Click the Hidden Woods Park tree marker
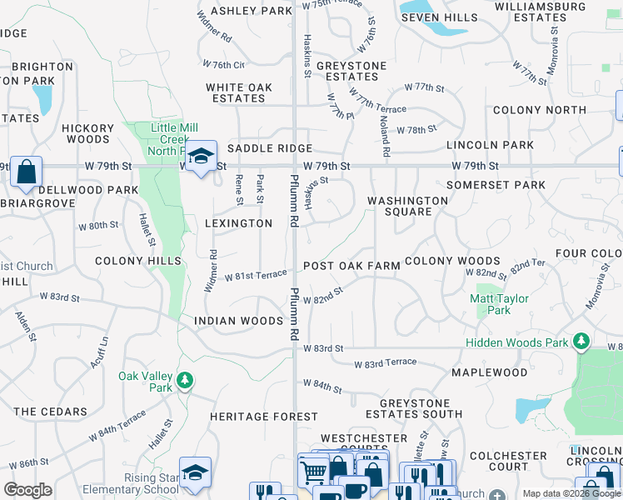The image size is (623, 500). point(581,342)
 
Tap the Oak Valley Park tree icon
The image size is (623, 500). point(185,382)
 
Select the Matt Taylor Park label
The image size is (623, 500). point(499,304)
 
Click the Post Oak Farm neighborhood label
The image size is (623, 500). point(351,266)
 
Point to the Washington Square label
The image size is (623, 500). point(408,206)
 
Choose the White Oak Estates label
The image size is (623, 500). point(239,92)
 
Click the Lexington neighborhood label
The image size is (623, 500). point(238,223)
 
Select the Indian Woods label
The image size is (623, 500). point(239,321)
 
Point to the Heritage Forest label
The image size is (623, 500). point(251,417)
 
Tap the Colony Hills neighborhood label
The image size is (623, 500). point(138,261)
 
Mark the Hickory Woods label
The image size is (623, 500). point(87,133)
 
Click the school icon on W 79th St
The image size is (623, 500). point(201,156)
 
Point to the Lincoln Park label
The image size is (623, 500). point(490,145)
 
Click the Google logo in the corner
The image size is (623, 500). point(27,490)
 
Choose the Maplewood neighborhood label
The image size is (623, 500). point(489,372)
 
